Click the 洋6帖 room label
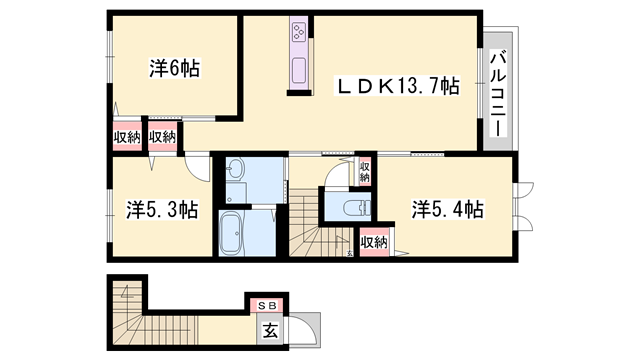[175, 68]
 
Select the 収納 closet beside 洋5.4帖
[374, 241]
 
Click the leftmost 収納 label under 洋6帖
[126, 137]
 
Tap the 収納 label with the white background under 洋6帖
[163, 137]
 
